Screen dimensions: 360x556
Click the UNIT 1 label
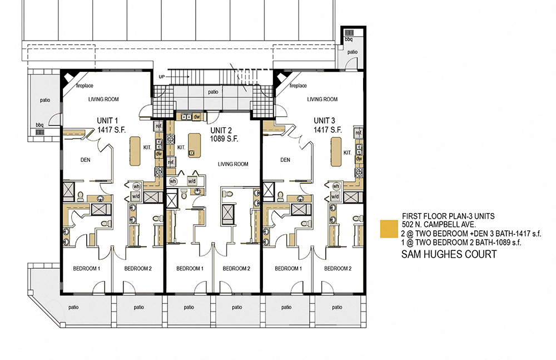pyautogui.click(x=108, y=120)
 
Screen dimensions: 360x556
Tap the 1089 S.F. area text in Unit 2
pyautogui.click(x=224, y=140)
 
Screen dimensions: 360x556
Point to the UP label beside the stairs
pyautogui.click(x=162, y=76)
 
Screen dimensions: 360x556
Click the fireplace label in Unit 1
pyautogui.click(x=85, y=86)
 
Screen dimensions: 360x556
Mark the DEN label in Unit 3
pyautogui.click(x=285, y=160)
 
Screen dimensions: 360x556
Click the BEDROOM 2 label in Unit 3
pyautogui.click(x=338, y=269)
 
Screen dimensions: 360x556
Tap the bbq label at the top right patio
pyautogui.click(x=349, y=40)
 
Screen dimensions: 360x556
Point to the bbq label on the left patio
pyautogui.click(x=39, y=125)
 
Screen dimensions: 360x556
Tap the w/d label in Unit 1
pyautogui.click(x=136, y=196)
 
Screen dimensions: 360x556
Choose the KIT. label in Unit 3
pyautogui.click(x=348, y=152)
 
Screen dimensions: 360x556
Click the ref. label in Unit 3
pyautogui.click(x=359, y=134)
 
